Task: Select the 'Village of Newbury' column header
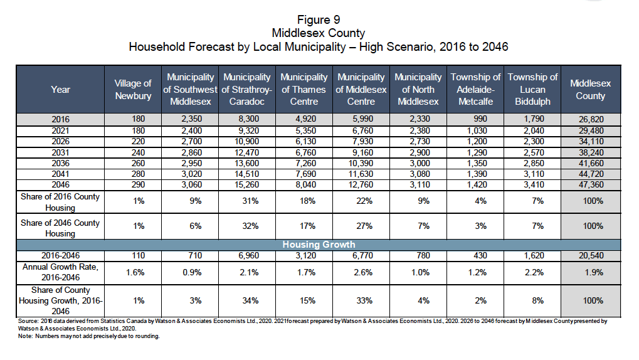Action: (133, 89)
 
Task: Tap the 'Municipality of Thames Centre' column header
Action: (304, 89)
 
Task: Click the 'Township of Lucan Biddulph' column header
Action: (532, 89)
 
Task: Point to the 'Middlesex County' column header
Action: (590, 89)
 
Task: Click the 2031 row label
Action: (61, 152)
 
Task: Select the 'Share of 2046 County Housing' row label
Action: (61, 228)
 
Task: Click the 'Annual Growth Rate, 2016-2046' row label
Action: (61, 272)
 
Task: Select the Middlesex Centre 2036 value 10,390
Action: (361, 163)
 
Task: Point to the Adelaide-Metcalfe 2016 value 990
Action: (475, 119)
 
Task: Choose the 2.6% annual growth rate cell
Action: (361, 272)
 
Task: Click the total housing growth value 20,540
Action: (590, 255)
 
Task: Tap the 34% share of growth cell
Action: (246, 300)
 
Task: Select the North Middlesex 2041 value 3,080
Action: (418, 175)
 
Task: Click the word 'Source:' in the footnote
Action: (29, 321)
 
